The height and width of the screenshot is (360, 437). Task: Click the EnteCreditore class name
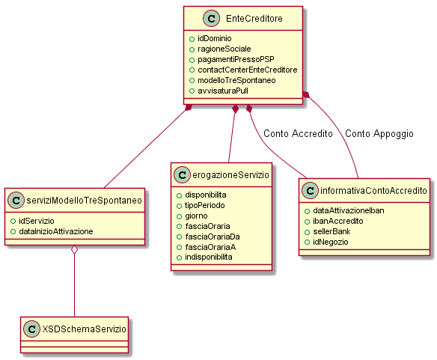pos(254,19)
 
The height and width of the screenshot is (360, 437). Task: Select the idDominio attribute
pos(214,38)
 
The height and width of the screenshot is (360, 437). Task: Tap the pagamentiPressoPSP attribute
pos(236,59)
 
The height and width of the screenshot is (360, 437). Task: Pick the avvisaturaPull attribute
pos(223,91)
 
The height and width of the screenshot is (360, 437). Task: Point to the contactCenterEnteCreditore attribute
pos(248,70)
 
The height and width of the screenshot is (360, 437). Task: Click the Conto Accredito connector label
pos(298,133)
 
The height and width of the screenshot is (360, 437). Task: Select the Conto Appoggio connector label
pos(379,134)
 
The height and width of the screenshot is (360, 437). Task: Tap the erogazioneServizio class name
pos(230,175)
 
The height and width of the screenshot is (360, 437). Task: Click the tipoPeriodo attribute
pos(204,205)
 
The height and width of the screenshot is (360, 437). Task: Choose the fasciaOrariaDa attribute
pos(213,237)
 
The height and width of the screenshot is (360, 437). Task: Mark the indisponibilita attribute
pos(209,257)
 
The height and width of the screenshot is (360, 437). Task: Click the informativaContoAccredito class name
pos(373,190)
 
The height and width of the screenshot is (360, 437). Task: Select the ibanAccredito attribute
pos(337,221)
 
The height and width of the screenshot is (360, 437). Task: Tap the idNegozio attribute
pos(330,242)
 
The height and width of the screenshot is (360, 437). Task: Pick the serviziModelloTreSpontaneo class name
pos(84,201)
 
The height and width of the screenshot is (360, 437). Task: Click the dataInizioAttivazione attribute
pos(55,231)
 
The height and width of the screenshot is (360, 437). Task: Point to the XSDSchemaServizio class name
pos(84,329)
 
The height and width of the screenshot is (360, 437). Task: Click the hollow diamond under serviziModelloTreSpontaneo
pos(74,250)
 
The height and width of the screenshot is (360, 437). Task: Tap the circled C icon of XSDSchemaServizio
pos(31,329)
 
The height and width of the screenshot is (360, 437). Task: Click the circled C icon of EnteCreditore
pos(212,19)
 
